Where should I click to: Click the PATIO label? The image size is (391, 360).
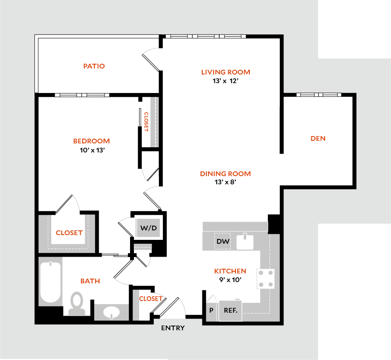(x=94, y=66)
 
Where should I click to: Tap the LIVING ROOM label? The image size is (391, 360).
(x=225, y=72)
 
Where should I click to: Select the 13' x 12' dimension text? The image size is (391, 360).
(x=225, y=81)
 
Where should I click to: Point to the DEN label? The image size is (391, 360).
(x=318, y=138)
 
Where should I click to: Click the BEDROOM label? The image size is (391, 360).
(x=91, y=141)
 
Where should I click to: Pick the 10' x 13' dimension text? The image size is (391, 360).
(x=91, y=150)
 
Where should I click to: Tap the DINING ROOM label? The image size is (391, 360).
(x=225, y=174)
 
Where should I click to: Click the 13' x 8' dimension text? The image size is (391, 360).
(x=225, y=182)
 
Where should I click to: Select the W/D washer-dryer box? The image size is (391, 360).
(x=149, y=228)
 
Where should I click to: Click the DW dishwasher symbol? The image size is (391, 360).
(x=223, y=241)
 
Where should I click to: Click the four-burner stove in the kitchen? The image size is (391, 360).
(x=266, y=279)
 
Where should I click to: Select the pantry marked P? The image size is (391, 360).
(x=211, y=310)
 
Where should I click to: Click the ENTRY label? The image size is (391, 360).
(x=173, y=328)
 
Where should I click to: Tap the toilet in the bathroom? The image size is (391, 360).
(x=77, y=303)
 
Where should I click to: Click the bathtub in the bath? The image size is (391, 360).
(x=51, y=282)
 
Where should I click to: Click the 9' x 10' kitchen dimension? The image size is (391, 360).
(x=230, y=280)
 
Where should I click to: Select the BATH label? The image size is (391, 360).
(x=90, y=281)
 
